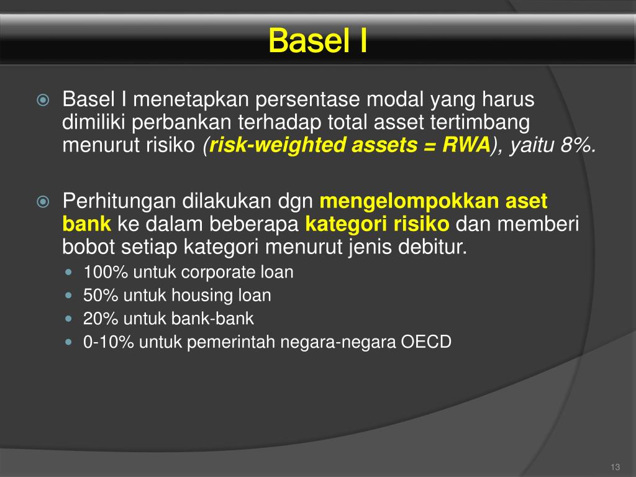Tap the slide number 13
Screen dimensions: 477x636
pos(616,467)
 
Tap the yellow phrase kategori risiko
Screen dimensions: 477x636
pos(380,224)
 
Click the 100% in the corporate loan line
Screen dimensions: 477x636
pos(99,272)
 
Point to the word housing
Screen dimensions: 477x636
pos(202,296)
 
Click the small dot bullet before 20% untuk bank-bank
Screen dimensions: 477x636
pos(69,319)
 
